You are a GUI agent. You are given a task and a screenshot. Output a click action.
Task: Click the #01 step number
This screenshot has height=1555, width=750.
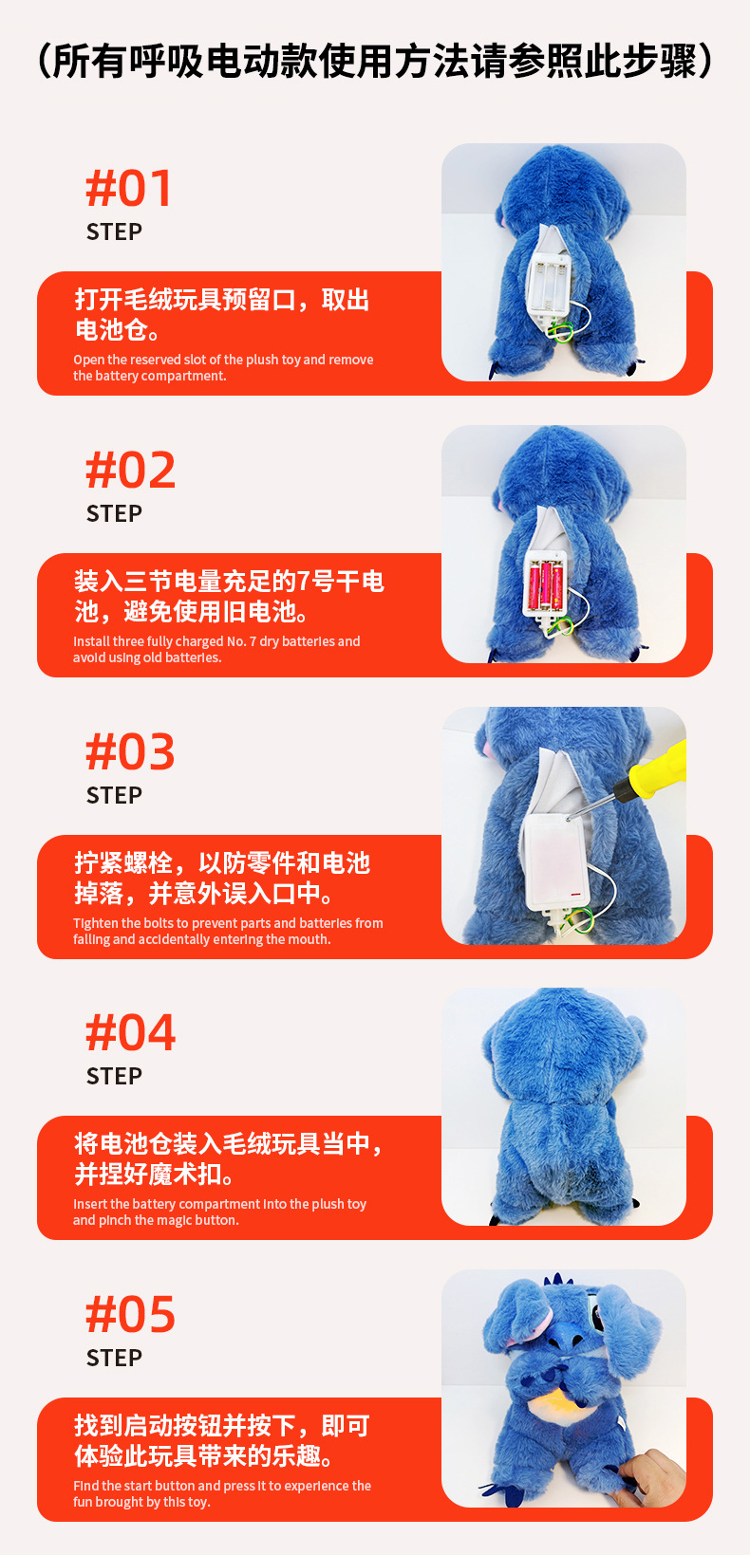(x=129, y=188)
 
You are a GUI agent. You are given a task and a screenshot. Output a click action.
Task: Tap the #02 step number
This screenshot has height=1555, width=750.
(x=131, y=470)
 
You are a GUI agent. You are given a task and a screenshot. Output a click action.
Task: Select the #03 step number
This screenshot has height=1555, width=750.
(x=131, y=751)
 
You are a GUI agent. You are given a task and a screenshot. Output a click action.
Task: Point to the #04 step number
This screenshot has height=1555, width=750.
(x=131, y=1033)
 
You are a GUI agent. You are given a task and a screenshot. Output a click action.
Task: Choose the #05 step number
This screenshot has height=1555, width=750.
(x=131, y=1315)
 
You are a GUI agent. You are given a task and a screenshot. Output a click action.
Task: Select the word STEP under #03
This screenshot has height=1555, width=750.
(x=114, y=795)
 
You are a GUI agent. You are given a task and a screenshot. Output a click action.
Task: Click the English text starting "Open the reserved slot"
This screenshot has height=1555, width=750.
(x=223, y=367)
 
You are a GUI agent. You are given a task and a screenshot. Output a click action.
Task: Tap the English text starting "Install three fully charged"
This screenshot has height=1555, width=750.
(x=216, y=649)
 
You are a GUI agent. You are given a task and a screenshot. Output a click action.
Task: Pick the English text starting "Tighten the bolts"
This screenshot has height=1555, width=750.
(x=228, y=931)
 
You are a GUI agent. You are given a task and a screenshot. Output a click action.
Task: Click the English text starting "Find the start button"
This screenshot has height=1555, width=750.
(x=222, y=1493)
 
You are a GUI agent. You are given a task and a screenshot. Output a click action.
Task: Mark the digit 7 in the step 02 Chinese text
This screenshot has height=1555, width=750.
(x=304, y=581)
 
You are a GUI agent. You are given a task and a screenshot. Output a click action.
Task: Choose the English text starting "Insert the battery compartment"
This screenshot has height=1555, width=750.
(x=219, y=1212)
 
